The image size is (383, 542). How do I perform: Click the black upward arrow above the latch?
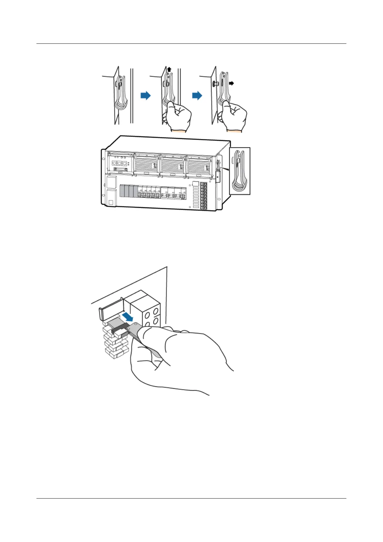(x=169, y=69)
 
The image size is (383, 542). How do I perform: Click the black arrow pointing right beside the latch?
(x=231, y=83)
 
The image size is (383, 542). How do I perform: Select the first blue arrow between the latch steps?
(x=146, y=95)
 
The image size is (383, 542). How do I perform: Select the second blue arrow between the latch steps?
(x=197, y=95)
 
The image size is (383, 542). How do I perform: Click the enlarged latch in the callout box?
(x=240, y=171)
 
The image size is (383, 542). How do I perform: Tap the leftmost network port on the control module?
(x=114, y=163)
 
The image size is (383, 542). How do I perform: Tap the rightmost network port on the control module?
(x=125, y=163)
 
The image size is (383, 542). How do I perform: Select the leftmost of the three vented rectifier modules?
(x=146, y=165)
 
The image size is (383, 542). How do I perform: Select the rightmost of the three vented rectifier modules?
(x=199, y=165)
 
